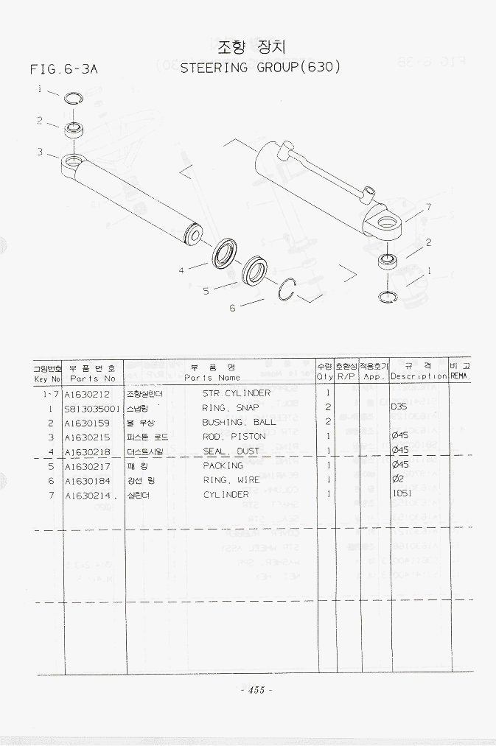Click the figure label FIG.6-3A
tap(64, 70)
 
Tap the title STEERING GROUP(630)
tap(260, 67)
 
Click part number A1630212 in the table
tap(87, 393)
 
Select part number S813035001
tap(91, 408)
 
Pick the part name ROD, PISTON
tap(234, 437)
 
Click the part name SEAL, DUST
tap(231, 451)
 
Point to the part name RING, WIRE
tap(231, 480)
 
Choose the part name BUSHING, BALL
tap(239, 422)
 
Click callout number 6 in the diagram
tap(232, 308)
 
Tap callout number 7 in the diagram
tap(428, 207)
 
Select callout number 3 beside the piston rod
tap(40, 152)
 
